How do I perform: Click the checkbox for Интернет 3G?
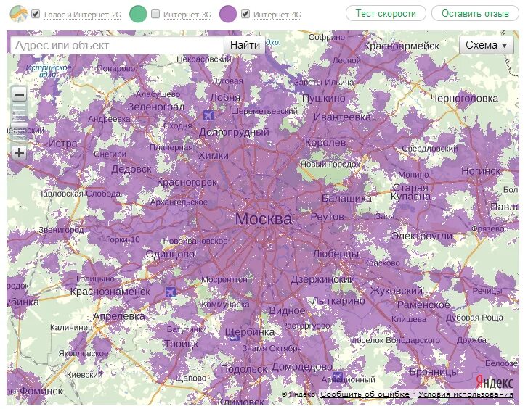[x=155, y=14]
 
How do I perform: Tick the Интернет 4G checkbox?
[x=245, y=14]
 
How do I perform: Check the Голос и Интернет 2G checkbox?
[x=36, y=14]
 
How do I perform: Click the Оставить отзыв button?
[x=476, y=13]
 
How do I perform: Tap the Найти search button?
[x=245, y=45]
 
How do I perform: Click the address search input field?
[x=116, y=45]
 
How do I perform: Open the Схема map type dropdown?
[x=487, y=45]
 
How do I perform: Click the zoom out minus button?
[x=19, y=94]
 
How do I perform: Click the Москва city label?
[x=264, y=218]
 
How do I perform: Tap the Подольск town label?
[x=243, y=368]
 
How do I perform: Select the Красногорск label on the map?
[x=187, y=182]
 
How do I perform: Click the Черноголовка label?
[x=464, y=98]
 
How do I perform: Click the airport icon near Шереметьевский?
[x=209, y=115]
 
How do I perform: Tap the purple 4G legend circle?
[x=228, y=14]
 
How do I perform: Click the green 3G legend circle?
[x=138, y=14]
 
